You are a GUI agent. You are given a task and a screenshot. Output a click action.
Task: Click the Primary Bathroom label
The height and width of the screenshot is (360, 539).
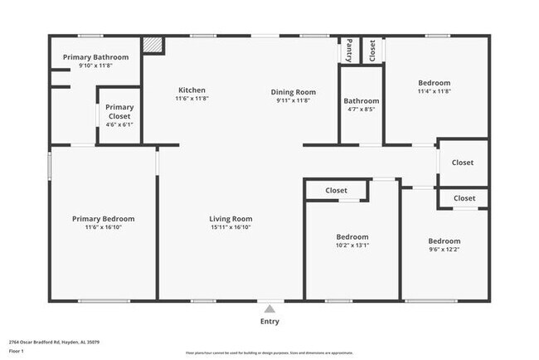click(x=96, y=57)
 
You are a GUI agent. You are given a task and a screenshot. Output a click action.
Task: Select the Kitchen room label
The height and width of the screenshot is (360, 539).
click(x=192, y=90)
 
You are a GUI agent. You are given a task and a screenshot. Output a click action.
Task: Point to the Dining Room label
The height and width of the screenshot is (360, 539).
click(x=293, y=91)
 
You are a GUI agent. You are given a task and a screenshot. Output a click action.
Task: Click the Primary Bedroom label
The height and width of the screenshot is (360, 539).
click(x=103, y=219)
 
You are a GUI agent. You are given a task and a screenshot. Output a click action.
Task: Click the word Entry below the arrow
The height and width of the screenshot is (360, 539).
click(x=269, y=322)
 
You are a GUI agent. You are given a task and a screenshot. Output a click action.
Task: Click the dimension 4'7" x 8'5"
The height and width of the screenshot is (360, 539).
click(x=361, y=109)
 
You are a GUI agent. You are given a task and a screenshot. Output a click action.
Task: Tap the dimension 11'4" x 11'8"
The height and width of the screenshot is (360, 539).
click(x=434, y=92)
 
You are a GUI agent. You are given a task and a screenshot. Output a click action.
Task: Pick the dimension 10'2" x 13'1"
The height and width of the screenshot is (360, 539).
click(x=352, y=246)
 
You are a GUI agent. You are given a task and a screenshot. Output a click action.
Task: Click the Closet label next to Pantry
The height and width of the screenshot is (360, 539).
click(x=371, y=50)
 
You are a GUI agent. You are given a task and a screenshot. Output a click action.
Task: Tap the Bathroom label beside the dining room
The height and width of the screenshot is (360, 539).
click(x=361, y=101)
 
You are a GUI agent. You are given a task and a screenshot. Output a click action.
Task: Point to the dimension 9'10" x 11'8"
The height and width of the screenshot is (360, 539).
click(x=96, y=66)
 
